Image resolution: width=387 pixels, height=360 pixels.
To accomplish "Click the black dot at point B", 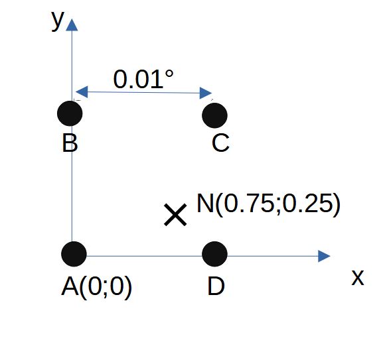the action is (x=70, y=113).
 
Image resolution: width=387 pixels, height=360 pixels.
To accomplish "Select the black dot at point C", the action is (x=214, y=115).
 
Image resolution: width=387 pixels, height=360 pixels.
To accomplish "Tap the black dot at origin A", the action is (x=74, y=254).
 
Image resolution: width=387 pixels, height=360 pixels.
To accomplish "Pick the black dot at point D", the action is (x=214, y=254).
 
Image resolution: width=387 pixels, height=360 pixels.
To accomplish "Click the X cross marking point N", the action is (x=175, y=215).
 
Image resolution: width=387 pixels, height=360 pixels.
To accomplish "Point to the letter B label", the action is (x=70, y=143).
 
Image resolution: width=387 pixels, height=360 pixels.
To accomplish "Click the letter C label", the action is (x=220, y=143).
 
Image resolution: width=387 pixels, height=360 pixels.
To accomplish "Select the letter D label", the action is (x=216, y=286).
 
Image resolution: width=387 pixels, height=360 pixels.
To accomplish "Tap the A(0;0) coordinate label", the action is (x=96, y=287).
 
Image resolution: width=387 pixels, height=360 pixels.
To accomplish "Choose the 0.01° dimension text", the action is (x=143, y=79).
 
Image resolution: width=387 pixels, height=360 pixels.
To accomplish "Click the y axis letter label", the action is (x=58, y=21).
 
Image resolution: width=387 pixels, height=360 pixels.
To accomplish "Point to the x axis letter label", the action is (x=358, y=278).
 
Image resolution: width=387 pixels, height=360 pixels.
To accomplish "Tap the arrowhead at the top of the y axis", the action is (x=72, y=25).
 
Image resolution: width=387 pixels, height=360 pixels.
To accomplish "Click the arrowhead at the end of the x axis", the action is (x=325, y=256).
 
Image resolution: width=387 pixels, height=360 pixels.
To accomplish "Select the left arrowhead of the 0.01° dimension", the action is (x=82, y=92).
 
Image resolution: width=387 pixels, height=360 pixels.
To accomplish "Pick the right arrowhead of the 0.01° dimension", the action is (x=206, y=93).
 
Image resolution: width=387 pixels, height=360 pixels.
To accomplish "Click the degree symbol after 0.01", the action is (x=169, y=74).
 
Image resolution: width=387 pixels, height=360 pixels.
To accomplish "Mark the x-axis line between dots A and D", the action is (x=145, y=256).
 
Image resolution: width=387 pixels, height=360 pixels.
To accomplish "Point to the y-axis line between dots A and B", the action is (x=72, y=184).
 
